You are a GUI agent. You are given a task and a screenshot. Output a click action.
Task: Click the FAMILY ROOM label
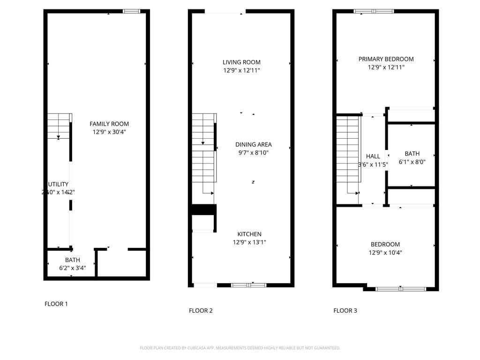[x=109, y=124]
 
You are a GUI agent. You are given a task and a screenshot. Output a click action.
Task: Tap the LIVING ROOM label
[x=241, y=62]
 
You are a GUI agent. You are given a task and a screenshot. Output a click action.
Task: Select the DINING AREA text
[x=253, y=144]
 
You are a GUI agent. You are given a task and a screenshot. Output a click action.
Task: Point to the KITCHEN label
[x=249, y=234]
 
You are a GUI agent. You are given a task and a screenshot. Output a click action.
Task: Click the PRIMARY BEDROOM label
[x=386, y=59]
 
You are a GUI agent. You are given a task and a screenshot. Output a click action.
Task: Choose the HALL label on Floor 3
[x=373, y=157]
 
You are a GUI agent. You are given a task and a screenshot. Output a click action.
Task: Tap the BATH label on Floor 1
[x=72, y=260]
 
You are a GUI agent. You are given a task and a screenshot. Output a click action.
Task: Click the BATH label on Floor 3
[x=412, y=154]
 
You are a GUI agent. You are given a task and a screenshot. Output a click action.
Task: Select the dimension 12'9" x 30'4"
[x=109, y=132]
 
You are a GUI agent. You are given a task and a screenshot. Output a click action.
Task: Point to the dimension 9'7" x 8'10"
[x=253, y=153]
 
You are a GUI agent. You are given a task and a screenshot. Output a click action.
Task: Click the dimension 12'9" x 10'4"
[x=385, y=253]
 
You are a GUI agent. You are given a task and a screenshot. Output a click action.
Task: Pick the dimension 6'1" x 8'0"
[x=412, y=162]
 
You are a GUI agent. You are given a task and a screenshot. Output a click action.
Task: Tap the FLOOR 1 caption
[x=56, y=304]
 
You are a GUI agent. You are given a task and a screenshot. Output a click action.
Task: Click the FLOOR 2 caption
[x=201, y=310]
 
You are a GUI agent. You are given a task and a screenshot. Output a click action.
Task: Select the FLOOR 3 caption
[x=345, y=310]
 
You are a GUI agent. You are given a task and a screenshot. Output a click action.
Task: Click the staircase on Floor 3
[x=347, y=155]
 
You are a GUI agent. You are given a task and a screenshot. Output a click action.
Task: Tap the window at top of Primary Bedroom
[x=374, y=11]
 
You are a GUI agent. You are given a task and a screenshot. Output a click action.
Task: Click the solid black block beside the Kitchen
[x=204, y=210]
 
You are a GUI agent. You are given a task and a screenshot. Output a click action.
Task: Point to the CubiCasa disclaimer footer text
[x=240, y=348]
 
